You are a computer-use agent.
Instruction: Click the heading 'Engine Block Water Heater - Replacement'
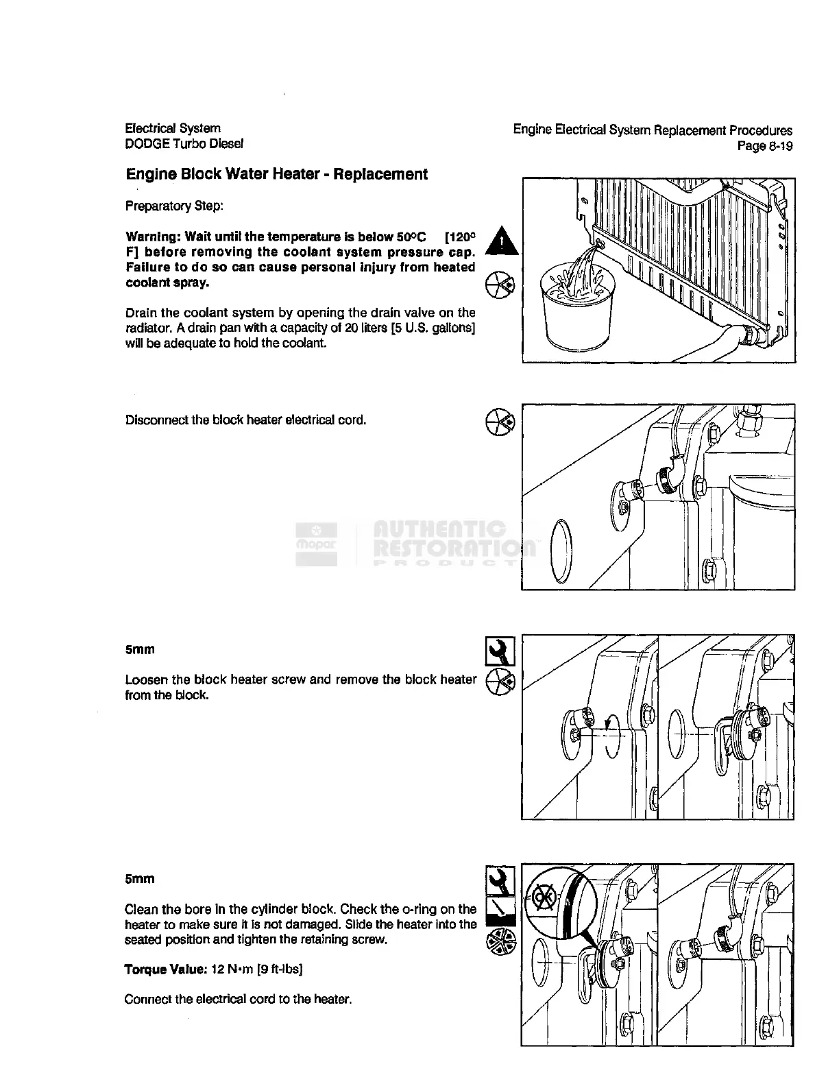(276, 175)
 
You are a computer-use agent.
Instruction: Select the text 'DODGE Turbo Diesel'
(184, 144)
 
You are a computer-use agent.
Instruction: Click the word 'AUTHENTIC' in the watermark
(439, 529)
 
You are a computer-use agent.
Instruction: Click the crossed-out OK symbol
(545, 899)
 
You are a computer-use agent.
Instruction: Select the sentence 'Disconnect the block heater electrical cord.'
(245, 420)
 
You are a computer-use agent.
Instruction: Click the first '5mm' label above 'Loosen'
(140, 649)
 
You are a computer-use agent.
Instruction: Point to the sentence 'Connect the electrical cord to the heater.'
(238, 999)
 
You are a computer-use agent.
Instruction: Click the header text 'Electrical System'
(173, 128)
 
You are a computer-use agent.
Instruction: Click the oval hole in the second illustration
(561, 551)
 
